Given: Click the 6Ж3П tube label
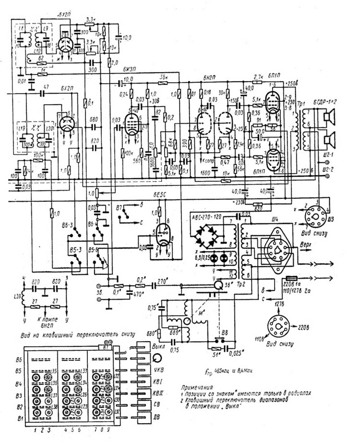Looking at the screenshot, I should (131, 71).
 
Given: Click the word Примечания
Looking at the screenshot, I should (198, 386).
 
